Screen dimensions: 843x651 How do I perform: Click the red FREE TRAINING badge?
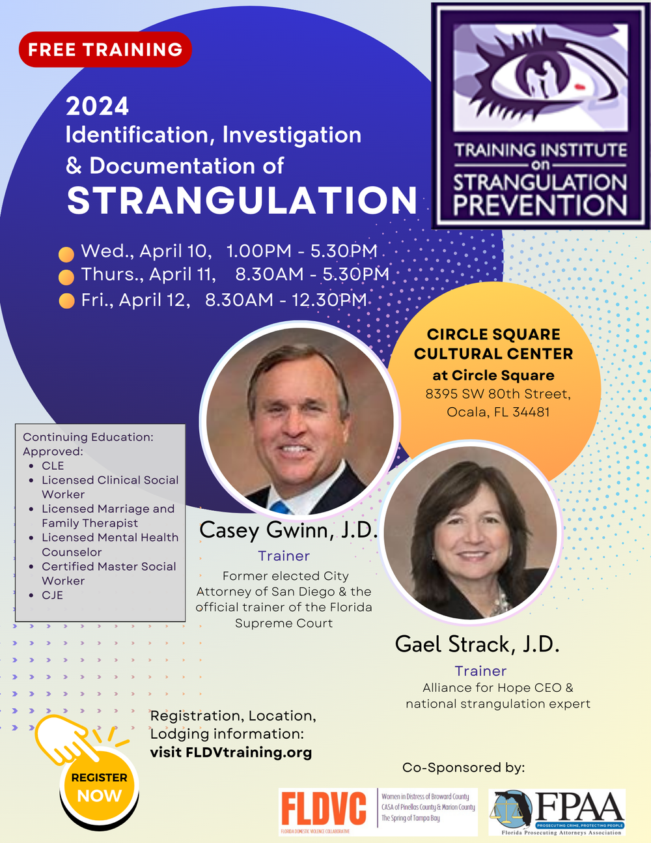click(105, 50)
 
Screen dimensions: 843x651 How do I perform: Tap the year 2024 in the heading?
click(98, 106)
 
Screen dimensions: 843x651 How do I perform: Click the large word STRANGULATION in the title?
click(242, 201)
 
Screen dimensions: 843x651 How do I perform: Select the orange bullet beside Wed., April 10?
click(66, 253)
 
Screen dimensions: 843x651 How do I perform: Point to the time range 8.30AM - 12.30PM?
click(286, 300)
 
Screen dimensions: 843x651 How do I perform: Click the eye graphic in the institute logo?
click(542, 77)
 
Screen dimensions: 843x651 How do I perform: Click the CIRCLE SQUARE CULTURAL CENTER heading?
click(493, 344)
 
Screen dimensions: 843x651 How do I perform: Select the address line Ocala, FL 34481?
click(498, 412)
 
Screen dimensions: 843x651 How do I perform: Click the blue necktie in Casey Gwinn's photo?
click(279, 506)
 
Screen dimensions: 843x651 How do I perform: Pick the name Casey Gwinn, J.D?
click(288, 530)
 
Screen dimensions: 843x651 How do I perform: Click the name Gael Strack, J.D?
click(477, 644)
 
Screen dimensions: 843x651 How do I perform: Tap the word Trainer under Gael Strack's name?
click(480, 671)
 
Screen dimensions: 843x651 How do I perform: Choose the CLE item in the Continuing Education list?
click(53, 466)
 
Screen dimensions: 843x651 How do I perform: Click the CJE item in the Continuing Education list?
click(53, 595)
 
